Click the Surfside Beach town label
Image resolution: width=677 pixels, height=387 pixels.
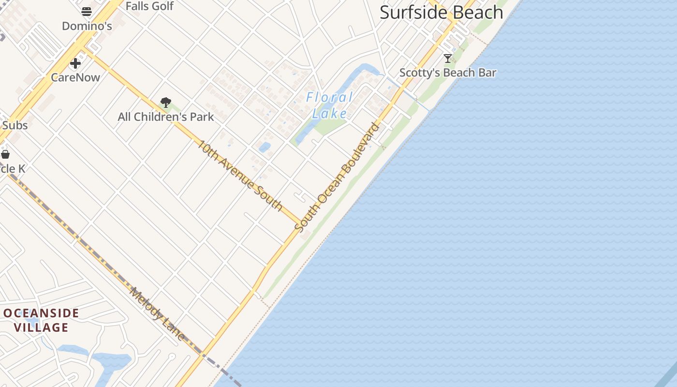[x=441, y=13]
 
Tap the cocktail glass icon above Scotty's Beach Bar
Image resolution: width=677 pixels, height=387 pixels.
[x=448, y=59]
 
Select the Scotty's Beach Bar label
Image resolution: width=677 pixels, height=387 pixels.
[x=448, y=73]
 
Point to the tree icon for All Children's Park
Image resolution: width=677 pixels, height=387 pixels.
[x=166, y=103]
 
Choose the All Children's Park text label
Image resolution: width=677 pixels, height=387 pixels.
[x=166, y=117]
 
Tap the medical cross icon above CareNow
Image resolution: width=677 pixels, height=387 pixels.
[x=75, y=63]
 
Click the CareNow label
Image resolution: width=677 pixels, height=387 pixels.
[x=75, y=77]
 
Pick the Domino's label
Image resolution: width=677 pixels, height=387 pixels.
[x=87, y=26]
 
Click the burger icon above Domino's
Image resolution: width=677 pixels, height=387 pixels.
[x=87, y=12]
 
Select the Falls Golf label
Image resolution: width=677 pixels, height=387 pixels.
[x=149, y=6]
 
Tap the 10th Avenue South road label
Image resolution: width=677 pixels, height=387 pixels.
[x=240, y=175]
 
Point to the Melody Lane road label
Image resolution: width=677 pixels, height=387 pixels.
[x=157, y=313]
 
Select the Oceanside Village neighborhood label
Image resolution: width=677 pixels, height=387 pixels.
[x=41, y=320]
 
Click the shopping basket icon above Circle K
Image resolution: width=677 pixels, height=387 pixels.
[x=5, y=154]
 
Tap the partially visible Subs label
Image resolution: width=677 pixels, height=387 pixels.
[x=15, y=125]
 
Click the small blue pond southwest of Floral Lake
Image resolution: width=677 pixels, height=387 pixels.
[x=265, y=147]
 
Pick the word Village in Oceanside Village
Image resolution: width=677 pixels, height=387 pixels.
[x=41, y=327]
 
